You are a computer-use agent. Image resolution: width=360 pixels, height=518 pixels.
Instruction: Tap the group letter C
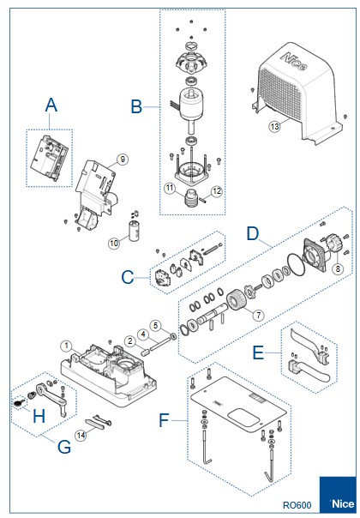click(x=127, y=276)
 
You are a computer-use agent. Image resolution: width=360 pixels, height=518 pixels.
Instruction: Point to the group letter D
click(x=252, y=232)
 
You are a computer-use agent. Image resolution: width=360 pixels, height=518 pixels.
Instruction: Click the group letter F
click(x=165, y=421)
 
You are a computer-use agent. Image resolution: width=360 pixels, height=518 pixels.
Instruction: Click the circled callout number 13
click(x=273, y=127)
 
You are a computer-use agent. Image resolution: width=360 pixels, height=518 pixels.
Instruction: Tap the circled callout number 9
click(x=122, y=160)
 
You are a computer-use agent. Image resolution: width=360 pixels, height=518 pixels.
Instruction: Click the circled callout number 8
click(x=338, y=268)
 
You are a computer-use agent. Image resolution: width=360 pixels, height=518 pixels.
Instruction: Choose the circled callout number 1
click(x=65, y=345)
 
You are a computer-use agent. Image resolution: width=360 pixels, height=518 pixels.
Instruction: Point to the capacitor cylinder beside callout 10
click(x=134, y=229)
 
